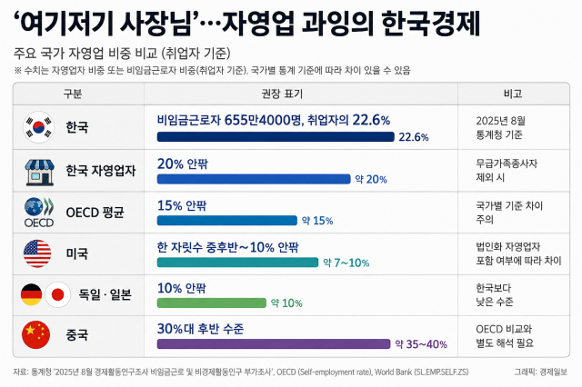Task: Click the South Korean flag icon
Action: click(x=38, y=127)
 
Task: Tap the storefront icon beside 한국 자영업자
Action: click(x=39, y=173)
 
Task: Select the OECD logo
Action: click(x=39, y=213)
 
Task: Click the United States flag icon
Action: click(x=37, y=253)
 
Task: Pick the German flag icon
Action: click(x=32, y=294)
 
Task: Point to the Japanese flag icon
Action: click(x=57, y=294)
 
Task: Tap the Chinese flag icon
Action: click(x=36, y=334)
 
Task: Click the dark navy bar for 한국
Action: click(x=276, y=137)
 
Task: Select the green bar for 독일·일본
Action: click(x=212, y=303)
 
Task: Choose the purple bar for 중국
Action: click(x=274, y=344)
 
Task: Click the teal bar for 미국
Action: click(x=237, y=263)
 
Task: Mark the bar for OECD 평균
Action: click(x=227, y=221)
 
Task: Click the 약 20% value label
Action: click(x=371, y=179)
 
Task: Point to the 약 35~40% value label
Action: click(x=421, y=344)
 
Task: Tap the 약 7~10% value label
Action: click(x=346, y=263)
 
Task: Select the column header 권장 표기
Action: click(x=282, y=94)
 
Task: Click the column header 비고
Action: click(x=513, y=94)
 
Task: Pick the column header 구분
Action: click(x=73, y=94)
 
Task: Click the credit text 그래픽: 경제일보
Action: click(x=540, y=372)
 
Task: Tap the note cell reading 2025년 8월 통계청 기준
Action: click(x=501, y=127)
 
